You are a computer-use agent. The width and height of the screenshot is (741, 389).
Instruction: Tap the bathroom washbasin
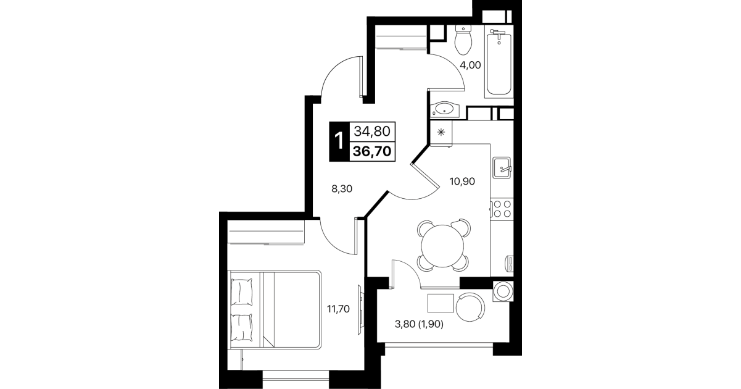point(445,109)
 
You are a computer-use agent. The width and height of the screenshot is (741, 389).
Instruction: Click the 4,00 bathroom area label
point(470,65)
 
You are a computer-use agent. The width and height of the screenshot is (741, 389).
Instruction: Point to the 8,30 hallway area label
point(342,189)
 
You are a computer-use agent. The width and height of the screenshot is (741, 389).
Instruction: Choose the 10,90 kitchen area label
point(462,181)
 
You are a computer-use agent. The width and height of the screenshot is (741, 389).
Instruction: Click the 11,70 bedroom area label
point(338,309)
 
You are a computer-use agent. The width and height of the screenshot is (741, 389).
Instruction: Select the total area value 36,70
point(372,152)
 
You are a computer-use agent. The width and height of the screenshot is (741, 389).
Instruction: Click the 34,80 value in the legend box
point(372,132)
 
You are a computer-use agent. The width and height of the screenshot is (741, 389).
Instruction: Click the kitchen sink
point(502,167)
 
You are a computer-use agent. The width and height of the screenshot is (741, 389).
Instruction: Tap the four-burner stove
point(502,209)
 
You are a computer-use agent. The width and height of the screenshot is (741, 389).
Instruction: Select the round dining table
point(442,246)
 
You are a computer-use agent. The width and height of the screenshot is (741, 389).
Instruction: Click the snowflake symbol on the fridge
point(441,132)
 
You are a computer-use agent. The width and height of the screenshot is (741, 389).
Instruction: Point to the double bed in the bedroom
point(275,309)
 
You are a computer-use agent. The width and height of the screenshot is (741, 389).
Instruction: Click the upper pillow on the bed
point(241,291)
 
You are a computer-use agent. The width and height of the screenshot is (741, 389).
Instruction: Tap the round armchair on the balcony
point(470,307)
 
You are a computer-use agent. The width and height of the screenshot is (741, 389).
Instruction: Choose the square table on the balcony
point(441,303)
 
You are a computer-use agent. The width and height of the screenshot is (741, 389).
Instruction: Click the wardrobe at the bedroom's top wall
point(266,232)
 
